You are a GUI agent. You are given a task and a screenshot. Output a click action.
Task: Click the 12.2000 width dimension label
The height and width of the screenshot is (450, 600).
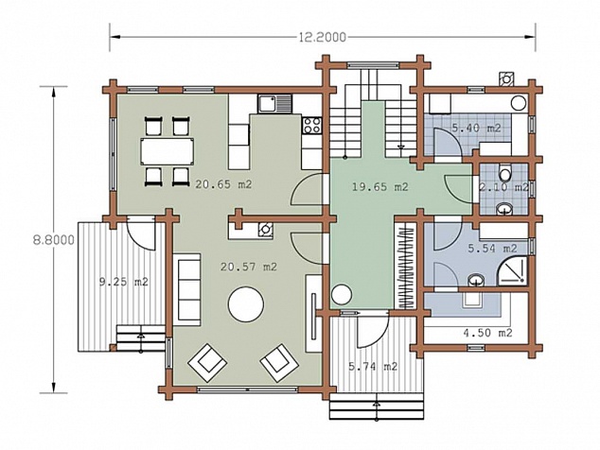[x=321, y=37]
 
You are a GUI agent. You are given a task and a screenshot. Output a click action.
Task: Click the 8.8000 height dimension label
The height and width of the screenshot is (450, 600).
[x=54, y=240]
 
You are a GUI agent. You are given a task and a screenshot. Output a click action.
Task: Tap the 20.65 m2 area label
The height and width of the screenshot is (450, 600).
[x=224, y=184]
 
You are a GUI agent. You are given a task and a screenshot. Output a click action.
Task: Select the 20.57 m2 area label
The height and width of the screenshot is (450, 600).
[x=248, y=267]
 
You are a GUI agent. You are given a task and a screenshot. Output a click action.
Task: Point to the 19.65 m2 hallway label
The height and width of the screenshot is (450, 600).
[x=380, y=187]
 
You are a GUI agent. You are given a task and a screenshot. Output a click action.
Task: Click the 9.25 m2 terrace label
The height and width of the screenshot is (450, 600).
[x=124, y=282]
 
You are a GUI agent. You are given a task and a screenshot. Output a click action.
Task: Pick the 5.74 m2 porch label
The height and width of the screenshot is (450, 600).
[x=373, y=367]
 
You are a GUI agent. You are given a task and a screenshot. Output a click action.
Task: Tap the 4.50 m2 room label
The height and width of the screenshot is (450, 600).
[x=487, y=333]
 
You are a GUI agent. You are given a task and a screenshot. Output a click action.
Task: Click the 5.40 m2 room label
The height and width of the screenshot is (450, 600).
[x=476, y=128]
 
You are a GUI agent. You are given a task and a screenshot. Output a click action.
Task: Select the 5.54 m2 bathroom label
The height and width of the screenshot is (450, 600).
[x=492, y=249]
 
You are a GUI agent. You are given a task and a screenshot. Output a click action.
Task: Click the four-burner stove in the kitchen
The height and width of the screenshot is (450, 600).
[x=312, y=125]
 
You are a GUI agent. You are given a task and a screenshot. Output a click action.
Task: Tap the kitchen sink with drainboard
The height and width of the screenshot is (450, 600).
[x=274, y=104]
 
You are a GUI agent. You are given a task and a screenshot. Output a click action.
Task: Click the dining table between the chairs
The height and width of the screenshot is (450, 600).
[x=168, y=152]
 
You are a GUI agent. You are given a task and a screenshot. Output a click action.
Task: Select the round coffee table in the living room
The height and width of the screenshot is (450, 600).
[x=246, y=304]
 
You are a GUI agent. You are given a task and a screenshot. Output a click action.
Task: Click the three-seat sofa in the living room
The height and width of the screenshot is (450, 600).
[x=186, y=289]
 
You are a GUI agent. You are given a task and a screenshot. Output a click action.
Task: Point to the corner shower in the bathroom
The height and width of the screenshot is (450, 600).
[x=512, y=270]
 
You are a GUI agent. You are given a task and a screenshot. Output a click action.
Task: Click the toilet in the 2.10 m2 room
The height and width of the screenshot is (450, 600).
[x=505, y=173]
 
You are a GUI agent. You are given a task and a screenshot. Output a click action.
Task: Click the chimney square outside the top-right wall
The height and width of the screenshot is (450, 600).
[x=506, y=78]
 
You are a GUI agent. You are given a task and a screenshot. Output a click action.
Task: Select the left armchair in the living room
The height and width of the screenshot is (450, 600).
[x=206, y=362]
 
